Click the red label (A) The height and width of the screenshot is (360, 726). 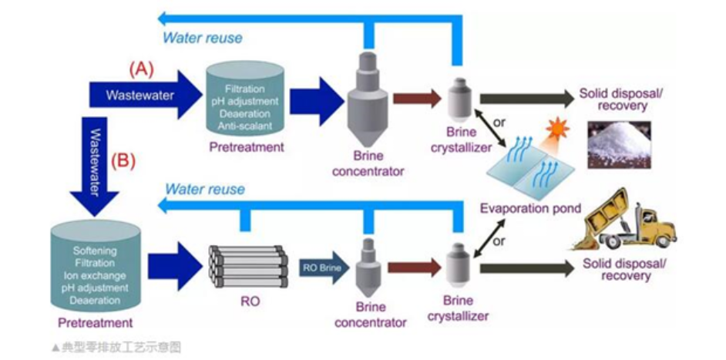pyautogui.click(x=141, y=68)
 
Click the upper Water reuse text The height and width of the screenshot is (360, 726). pyautogui.click(x=202, y=37)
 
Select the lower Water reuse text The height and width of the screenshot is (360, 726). pyautogui.click(x=205, y=189)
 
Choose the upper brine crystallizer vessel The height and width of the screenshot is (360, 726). pyautogui.click(x=460, y=97)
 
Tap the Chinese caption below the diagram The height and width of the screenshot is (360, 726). pyautogui.click(x=116, y=348)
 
